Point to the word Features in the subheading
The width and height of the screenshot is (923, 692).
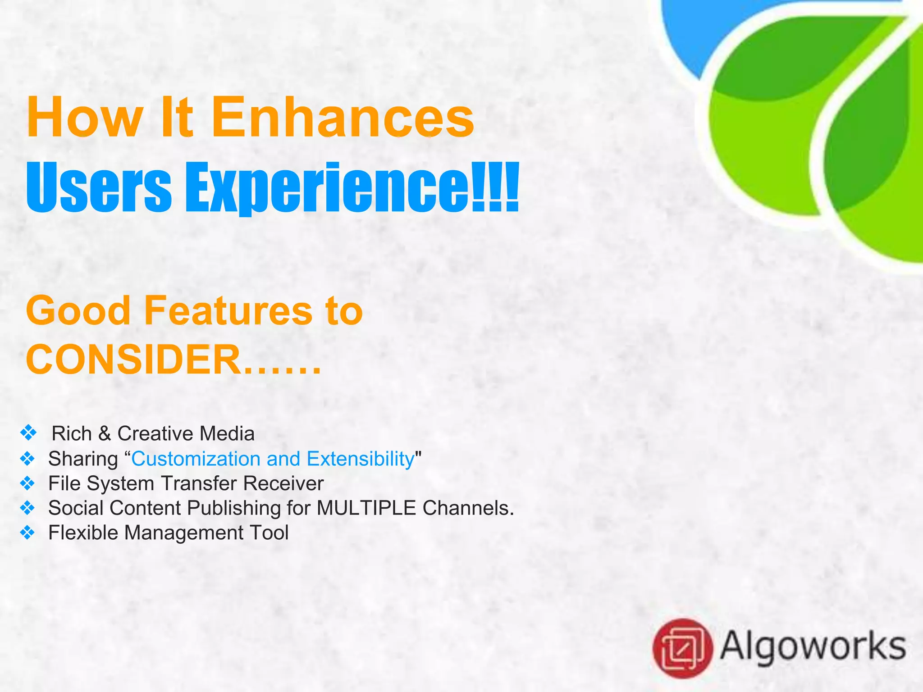pos(228,311)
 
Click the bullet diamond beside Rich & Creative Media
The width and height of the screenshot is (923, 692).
pos(28,433)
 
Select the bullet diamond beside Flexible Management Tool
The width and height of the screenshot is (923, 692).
pos(27,533)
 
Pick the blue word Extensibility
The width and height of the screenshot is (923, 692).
pos(360,459)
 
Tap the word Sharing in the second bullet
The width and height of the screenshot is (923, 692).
pos(83,459)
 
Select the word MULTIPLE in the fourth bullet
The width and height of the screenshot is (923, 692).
pos(366,508)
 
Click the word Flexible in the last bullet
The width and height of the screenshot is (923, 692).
pos(83,533)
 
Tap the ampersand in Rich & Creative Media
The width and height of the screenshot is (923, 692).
pos(105,433)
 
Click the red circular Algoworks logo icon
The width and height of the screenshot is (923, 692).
pos(682,648)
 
